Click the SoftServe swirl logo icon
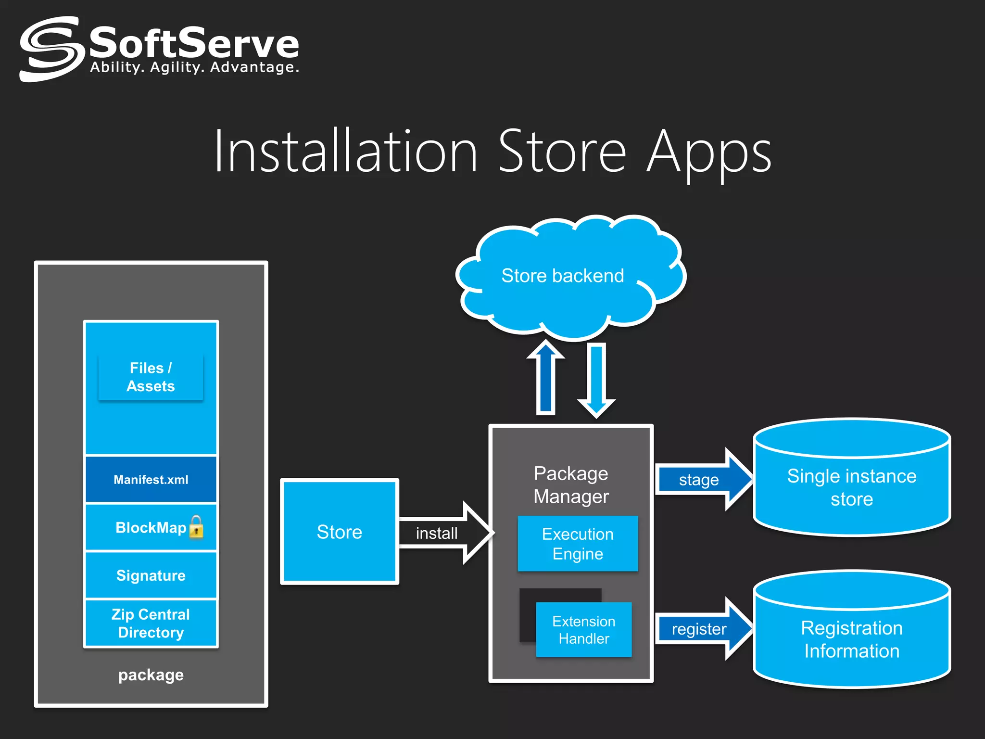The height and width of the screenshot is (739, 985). pyautogui.click(x=50, y=49)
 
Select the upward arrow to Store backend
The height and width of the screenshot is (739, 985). pyautogui.click(x=546, y=378)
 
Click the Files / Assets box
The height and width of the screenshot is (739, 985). pyautogui.click(x=151, y=377)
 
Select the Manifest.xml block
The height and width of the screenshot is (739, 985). pyautogui.click(x=151, y=480)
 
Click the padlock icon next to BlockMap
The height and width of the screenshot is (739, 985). pyautogui.click(x=196, y=527)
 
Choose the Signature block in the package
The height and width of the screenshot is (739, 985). pyautogui.click(x=151, y=575)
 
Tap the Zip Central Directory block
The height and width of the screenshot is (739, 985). pyautogui.click(x=151, y=623)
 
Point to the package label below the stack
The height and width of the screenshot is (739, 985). pyautogui.click(x=151, y=675)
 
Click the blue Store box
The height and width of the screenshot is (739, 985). pyautogui.click(x=339, y=532)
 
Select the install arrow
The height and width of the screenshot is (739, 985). pyautogui.click(x=445, y=533)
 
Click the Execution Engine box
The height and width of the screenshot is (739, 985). pyautogui.click(x=578, y=544)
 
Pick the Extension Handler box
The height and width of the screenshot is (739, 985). pyautogui.click(x=583, y=630)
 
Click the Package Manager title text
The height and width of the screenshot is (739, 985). pyautogui.click(x=571, y=484)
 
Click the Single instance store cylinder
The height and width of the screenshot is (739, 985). pyautogui.click(x=851, y=487)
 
